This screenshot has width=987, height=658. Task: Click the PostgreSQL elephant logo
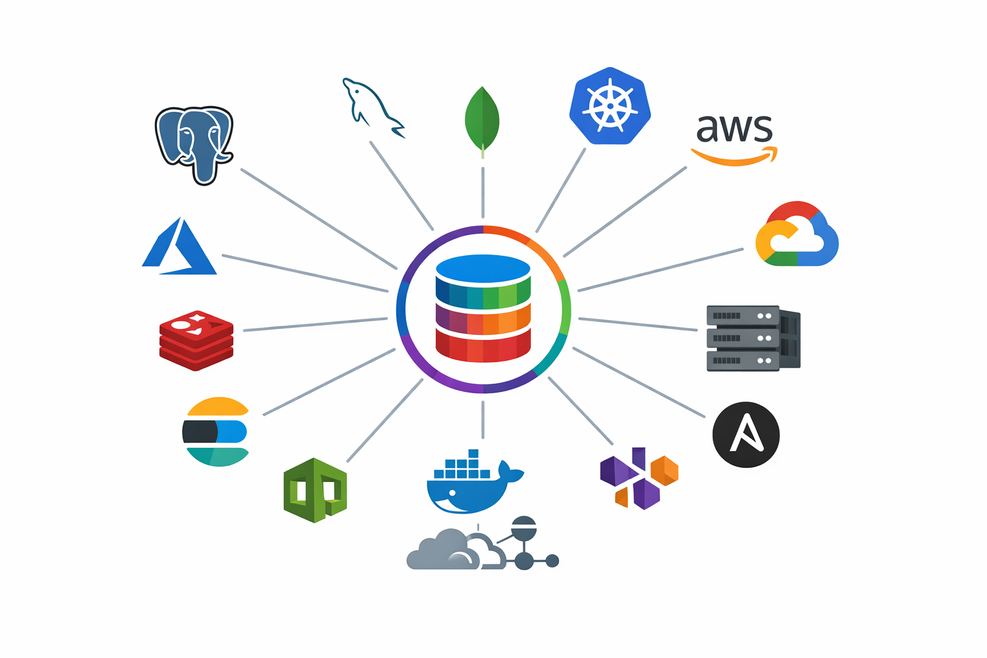194,143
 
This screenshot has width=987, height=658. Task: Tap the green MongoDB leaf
482,119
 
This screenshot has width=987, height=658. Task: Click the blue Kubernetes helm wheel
610,106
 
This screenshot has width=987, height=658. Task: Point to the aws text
734,129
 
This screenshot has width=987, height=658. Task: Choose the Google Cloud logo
797,235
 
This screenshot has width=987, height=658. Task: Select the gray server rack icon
752,338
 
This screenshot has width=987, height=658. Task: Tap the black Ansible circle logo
746,434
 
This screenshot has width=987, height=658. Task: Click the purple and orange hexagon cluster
638,478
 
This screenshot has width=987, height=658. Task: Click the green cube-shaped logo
316,490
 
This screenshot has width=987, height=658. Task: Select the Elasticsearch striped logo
216,431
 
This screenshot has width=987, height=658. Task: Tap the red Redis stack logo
196,341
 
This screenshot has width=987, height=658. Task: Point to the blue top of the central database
483,267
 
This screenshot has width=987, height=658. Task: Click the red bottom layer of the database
483,344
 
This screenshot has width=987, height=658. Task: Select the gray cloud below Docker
450,551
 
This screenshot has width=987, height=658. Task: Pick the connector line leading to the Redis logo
315,325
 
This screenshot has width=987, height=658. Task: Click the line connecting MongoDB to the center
483,193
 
